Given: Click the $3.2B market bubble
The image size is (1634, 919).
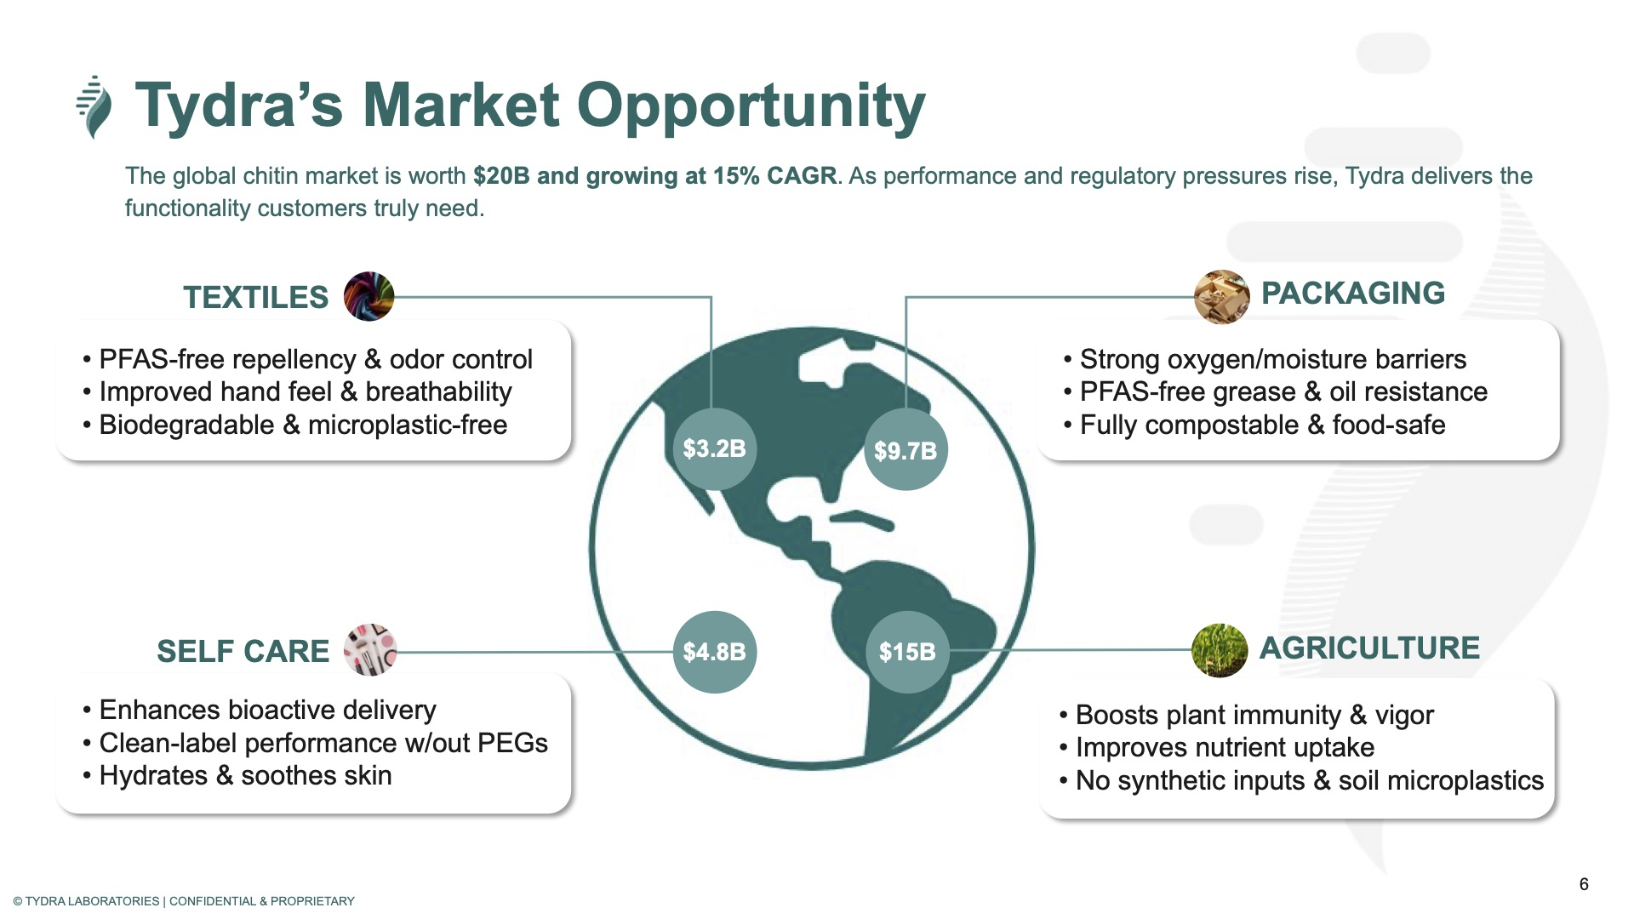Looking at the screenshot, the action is click(x=714, y=448).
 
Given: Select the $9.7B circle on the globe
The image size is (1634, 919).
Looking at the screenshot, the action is click(x=906, y=450).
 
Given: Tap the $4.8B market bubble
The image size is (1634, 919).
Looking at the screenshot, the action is click(x=714, y=652).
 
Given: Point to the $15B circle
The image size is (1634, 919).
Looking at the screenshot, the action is click(x=907, y=652).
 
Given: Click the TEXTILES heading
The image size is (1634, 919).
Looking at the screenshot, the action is click(x=255, y=298).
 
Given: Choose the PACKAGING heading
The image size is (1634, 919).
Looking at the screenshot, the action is click(x=1353, y=294).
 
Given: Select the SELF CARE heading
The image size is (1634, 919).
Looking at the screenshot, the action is click(x=243, y=652).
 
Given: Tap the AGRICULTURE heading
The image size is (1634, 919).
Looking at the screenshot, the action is click(x=1369, y=648).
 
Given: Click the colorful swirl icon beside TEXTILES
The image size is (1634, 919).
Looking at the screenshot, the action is click(x=369, y=296).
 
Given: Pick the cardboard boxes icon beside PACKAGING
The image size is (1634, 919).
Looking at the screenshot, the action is click(x=1221, y=297).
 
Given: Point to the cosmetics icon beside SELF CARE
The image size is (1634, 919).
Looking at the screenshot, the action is click(x=370, y=650).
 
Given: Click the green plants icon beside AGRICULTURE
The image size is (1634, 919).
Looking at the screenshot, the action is click(x=1220, y=650).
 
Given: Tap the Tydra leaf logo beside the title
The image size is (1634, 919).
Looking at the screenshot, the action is click(x=94, y=107).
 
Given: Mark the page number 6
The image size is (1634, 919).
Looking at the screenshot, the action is click(x=1584, y=884).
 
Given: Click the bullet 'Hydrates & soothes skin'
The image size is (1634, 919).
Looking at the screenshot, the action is click(x=237, y=776).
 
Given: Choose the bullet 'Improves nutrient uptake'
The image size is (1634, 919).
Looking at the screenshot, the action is click(x=1217, y=748).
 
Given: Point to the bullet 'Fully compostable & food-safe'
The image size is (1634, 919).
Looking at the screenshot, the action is click(x=1254, y=425).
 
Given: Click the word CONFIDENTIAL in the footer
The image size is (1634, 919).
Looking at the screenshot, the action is click(x=213, y=901).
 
